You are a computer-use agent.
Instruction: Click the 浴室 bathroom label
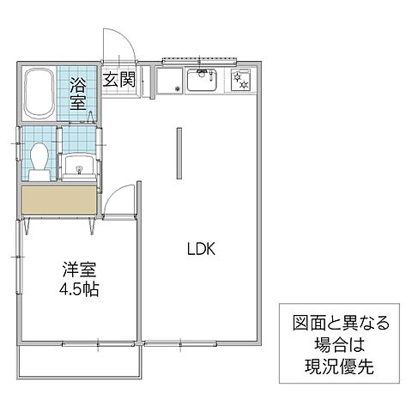tap(78, 92)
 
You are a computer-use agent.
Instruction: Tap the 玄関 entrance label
tap(119, 81)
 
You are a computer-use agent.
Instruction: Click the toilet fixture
tap(39, 161)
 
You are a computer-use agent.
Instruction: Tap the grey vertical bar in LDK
tap(179, 154)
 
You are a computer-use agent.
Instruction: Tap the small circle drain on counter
tap(177, 88)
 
